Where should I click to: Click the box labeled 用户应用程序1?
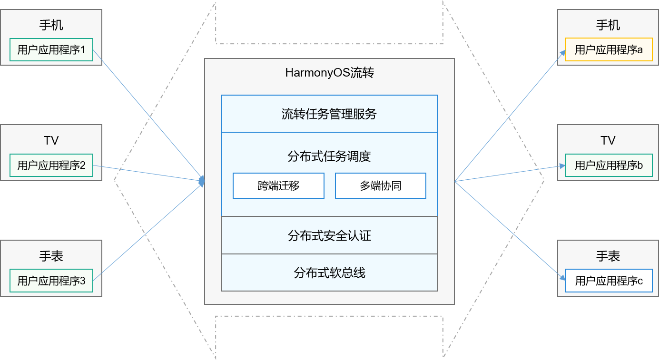click(x=51, y=50)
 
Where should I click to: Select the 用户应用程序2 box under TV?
click(x=51, y=165)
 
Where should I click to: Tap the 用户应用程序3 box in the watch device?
click(x=51, y=281)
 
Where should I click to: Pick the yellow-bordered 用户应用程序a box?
click(x=609, y=50)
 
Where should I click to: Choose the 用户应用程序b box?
click(x=609, y=165)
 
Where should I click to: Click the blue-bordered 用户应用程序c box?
click(x=609, y=281)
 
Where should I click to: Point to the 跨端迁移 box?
click(x=278, y=186)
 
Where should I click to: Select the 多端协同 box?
click(x=381, y=186)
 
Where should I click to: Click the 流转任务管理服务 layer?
click(x=329, y=114)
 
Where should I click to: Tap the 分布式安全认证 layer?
click(x=329, y=235)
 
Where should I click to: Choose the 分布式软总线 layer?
click(x=329, y=273)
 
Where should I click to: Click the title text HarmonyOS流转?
click(x=329, y=73)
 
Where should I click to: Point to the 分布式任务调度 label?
click(x=329, y=156)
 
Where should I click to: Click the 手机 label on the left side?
click(x=51, y=25)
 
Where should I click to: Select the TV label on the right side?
click(x=608, y=140)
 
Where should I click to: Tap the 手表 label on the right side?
click(x=608, y=256)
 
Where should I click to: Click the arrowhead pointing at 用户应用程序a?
click(x=562, y=53)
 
